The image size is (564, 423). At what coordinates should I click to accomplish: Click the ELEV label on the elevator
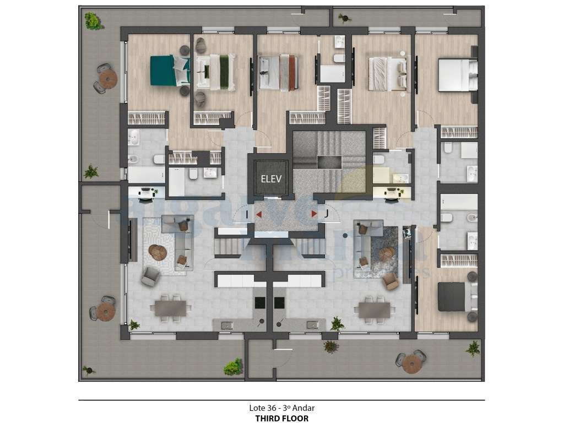click(x=271, y=178)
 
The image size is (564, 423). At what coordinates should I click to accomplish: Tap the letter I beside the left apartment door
click(x=247, y=214)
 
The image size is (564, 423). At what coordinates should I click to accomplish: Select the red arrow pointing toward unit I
click(x=258, y=214)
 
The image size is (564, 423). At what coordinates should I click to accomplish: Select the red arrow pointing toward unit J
click(x=314, y=213)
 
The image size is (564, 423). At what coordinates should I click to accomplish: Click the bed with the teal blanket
click(x=169, y=70)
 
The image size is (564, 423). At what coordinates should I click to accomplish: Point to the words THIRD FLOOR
click(x=281, y=418)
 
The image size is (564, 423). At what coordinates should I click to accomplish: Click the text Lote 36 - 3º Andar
click(x=281, y=408)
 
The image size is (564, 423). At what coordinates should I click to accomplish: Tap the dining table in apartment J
click(x=374, y=310)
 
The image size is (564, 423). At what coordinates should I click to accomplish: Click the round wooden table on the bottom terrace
click(x=411, y=363)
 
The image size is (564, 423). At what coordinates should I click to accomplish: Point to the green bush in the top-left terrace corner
click(x=93, y=21)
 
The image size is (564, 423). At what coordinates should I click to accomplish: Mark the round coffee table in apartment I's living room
click(x=158, y=252)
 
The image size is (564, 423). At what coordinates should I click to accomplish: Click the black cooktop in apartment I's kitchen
click(x=259, y=302)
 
